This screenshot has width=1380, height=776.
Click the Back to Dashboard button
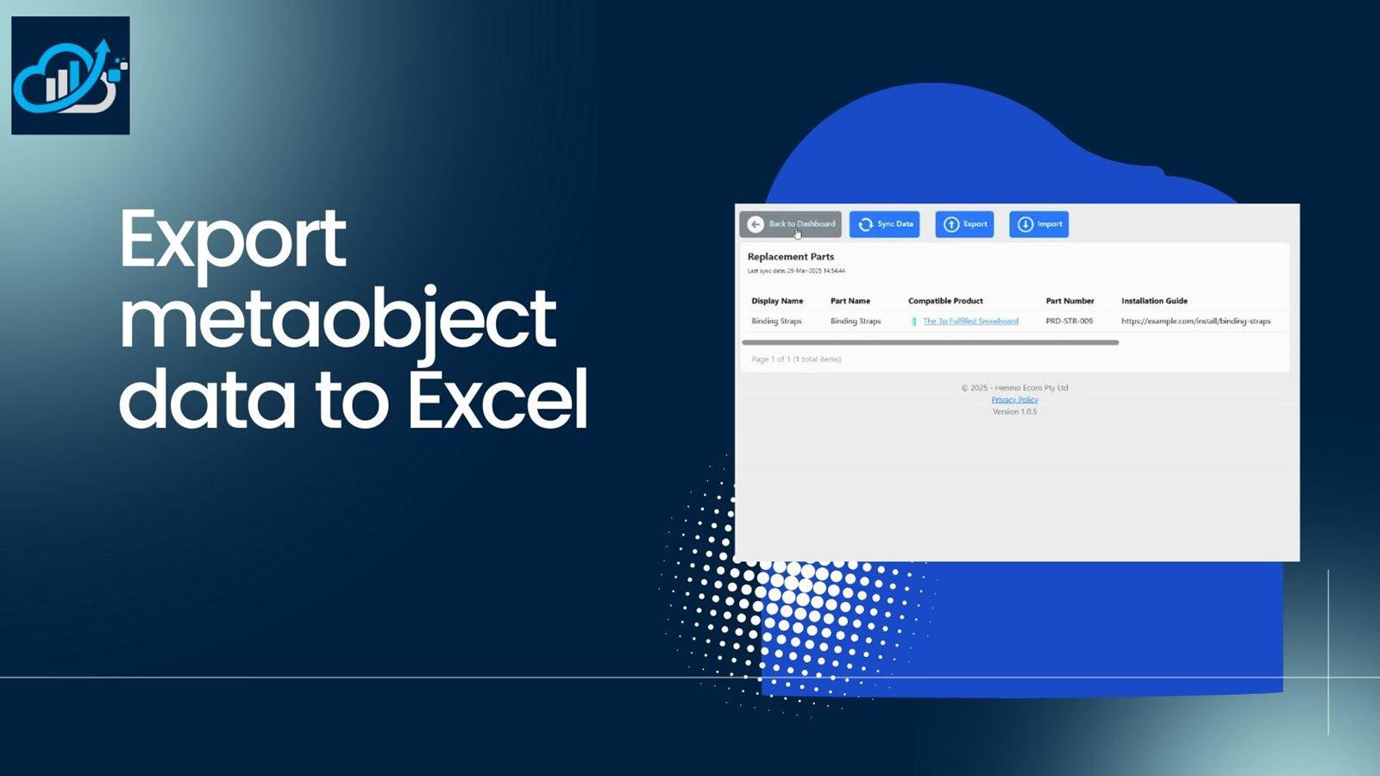coord(791,224)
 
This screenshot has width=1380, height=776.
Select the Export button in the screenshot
coord(965,224)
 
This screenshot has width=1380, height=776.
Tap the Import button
coord(1039,224)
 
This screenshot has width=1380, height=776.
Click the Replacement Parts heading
coord(791,257)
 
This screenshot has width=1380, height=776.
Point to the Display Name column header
coord(777,301)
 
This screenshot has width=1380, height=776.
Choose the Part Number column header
coord(1069,301)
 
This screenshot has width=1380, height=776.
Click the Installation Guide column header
coord(1154,301)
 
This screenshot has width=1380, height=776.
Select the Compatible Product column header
coord(945,301)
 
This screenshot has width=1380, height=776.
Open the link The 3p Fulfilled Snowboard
coord(970,322)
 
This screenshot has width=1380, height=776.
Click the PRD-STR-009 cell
coord(1069,322)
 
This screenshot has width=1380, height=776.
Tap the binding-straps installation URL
coord(1195,322)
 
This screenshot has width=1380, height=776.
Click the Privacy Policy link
coord(1014,400)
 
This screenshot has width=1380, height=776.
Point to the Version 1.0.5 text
coord(1014,412)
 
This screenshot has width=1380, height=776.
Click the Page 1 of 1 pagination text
coord(796,360)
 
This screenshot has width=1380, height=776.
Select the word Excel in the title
coord(498,398)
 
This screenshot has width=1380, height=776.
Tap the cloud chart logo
coord(71,76)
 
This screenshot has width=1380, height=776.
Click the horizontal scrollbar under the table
coord(931,342)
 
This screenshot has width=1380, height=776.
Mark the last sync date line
coord(796,272)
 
